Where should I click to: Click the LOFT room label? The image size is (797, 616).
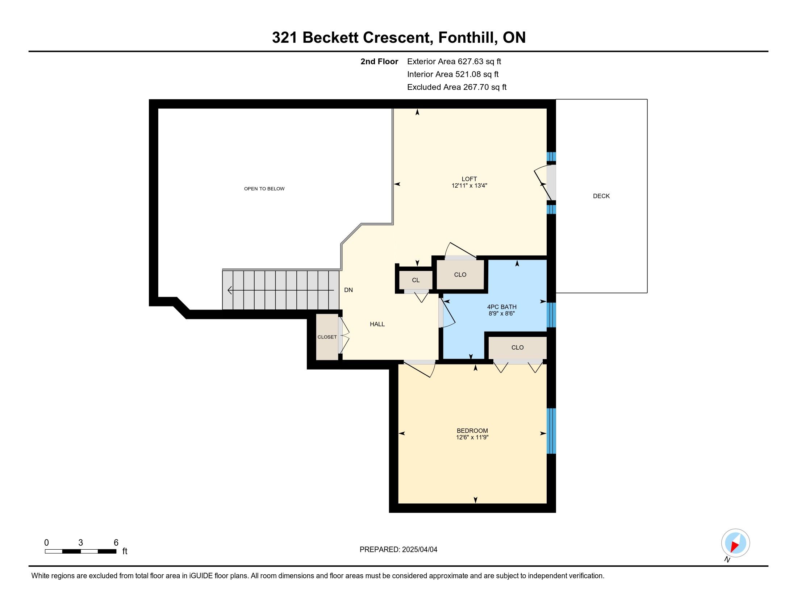point(469,179)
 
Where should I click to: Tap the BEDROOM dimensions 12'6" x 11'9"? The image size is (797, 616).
point(472,437)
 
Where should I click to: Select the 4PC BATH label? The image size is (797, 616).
point(502,307)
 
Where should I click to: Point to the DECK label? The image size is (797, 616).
point(601,196)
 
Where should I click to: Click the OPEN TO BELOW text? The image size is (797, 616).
point(264,189)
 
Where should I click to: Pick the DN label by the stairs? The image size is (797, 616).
point(349,290)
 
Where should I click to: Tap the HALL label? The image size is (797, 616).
point(377,324)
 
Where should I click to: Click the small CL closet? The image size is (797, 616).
point(416,280)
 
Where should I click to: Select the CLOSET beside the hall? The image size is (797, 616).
point(327,337)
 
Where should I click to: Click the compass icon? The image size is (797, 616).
point(735,543)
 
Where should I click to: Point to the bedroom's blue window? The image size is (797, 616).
point(551,431)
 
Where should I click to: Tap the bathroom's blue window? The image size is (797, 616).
point(551,315)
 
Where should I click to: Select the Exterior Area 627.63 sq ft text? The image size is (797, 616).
point(454,61)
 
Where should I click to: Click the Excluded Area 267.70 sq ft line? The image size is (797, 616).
point(457,87)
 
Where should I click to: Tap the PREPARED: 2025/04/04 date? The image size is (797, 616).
point(398,550)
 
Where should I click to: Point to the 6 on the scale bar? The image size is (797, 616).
point(116,543)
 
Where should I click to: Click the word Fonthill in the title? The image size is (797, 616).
point(467,38)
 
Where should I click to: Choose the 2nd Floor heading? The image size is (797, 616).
point(379,61)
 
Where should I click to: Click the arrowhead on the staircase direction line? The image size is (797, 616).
point(230,290)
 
